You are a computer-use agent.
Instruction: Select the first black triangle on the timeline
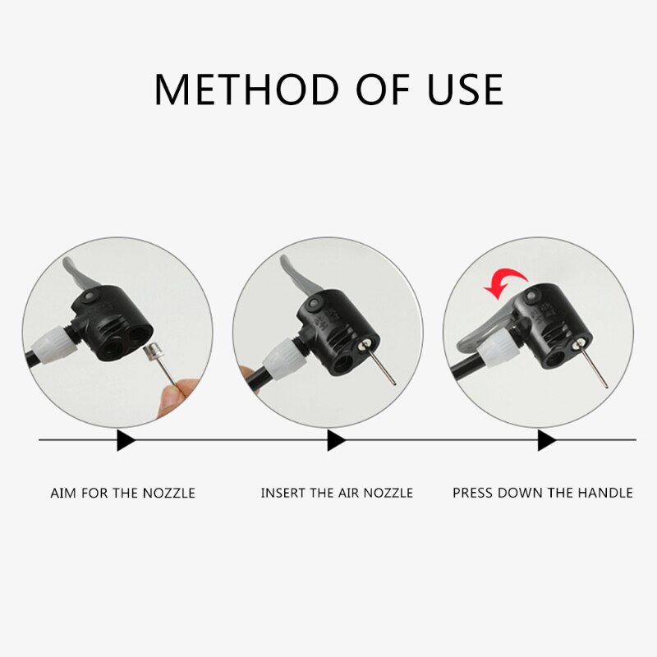pyautogui.click(x=125, y=440)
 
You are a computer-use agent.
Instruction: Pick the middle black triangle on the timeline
pyautogui.click(x=335, y=440)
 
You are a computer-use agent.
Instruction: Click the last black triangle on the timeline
pyautogui.click(x=546, y=440)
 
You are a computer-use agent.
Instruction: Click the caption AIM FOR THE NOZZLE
pyautogui.click(x=123, y=493)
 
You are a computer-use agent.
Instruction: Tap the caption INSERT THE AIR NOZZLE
pyautogui.click(x=337, y=493)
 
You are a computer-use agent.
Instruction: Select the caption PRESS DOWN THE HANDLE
pyautogui.click(x=543, y=493)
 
